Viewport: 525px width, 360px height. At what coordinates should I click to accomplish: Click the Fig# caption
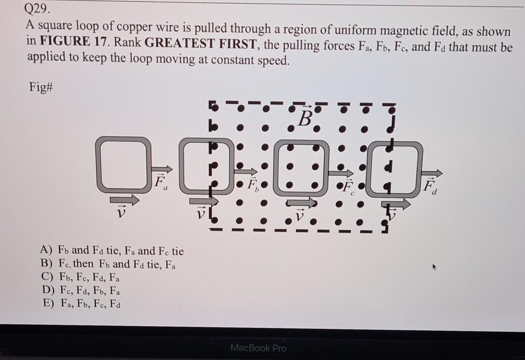[40, 89]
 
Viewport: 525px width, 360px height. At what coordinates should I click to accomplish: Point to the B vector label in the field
[305, 118]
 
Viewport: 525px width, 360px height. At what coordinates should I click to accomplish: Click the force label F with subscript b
[252, 185]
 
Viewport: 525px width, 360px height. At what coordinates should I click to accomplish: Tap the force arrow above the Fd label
[432, 173]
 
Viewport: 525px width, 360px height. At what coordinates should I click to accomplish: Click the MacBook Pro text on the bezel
[258, 348]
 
